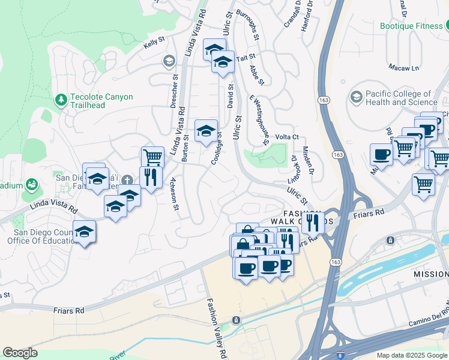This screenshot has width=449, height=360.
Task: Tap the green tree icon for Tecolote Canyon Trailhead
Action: (x=61, y=99)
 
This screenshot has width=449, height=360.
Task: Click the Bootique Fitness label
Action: (x=411, y=26)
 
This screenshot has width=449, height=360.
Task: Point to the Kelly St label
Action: (x=154, y=45)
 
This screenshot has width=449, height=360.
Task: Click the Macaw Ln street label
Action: (x=403, y=67)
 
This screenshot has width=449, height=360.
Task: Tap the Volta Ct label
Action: (x=287, y=137)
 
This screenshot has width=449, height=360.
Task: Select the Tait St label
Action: (x=242, y=58)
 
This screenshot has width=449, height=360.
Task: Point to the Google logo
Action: (x=20, y=353)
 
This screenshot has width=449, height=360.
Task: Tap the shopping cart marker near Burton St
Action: (x=153, y=158)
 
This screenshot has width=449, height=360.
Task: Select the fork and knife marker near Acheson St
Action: (x=151, y=177)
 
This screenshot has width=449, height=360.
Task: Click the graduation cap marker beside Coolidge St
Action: (x=206, y=131)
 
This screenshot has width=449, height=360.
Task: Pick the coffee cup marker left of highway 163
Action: (x=381, y=155)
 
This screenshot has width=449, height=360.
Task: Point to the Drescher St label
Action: (x=175, y=90)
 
